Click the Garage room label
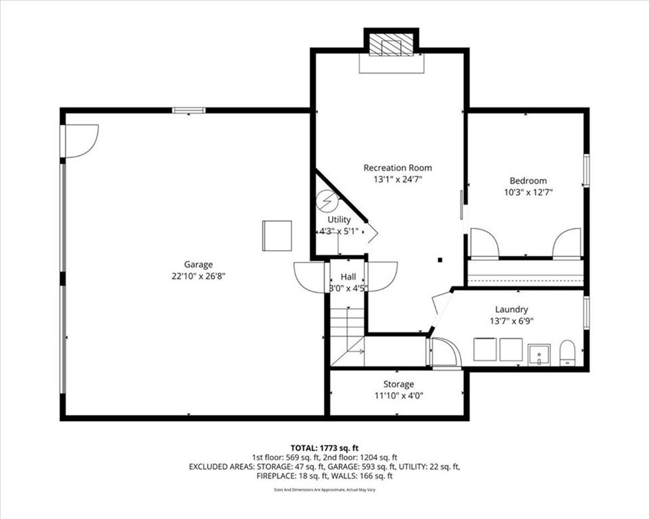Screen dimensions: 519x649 click(x=198, y=264)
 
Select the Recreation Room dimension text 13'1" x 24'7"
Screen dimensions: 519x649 click(x=398, y=180)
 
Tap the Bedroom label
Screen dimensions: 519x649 click(x=528, y=180)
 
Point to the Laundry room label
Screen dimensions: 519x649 click(x=511, y=310)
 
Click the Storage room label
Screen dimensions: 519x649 click(x=398, y=384)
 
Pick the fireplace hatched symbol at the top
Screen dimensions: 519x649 click(x=391, y=45)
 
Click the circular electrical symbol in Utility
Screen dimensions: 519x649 click(x=327, y=201)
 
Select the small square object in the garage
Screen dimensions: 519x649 click(x=277, y=235)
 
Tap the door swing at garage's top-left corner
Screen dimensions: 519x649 click(x=80, y=141)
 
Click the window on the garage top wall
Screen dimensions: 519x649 click(x=189, y=110)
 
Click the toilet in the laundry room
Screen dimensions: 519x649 click(x=567, y=352)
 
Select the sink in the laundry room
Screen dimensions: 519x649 click(x=539, y=353)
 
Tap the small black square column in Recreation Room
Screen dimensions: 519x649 click(x=439, y=259)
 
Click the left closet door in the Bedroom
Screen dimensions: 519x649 click(x=484, y=244)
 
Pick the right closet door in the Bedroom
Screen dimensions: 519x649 click(x=567, y=244)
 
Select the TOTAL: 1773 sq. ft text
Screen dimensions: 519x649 click(x=324, y=447)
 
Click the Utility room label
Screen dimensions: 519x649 click(x=339, y=220)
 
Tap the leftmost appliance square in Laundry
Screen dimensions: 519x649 click(x=485, y=349)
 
